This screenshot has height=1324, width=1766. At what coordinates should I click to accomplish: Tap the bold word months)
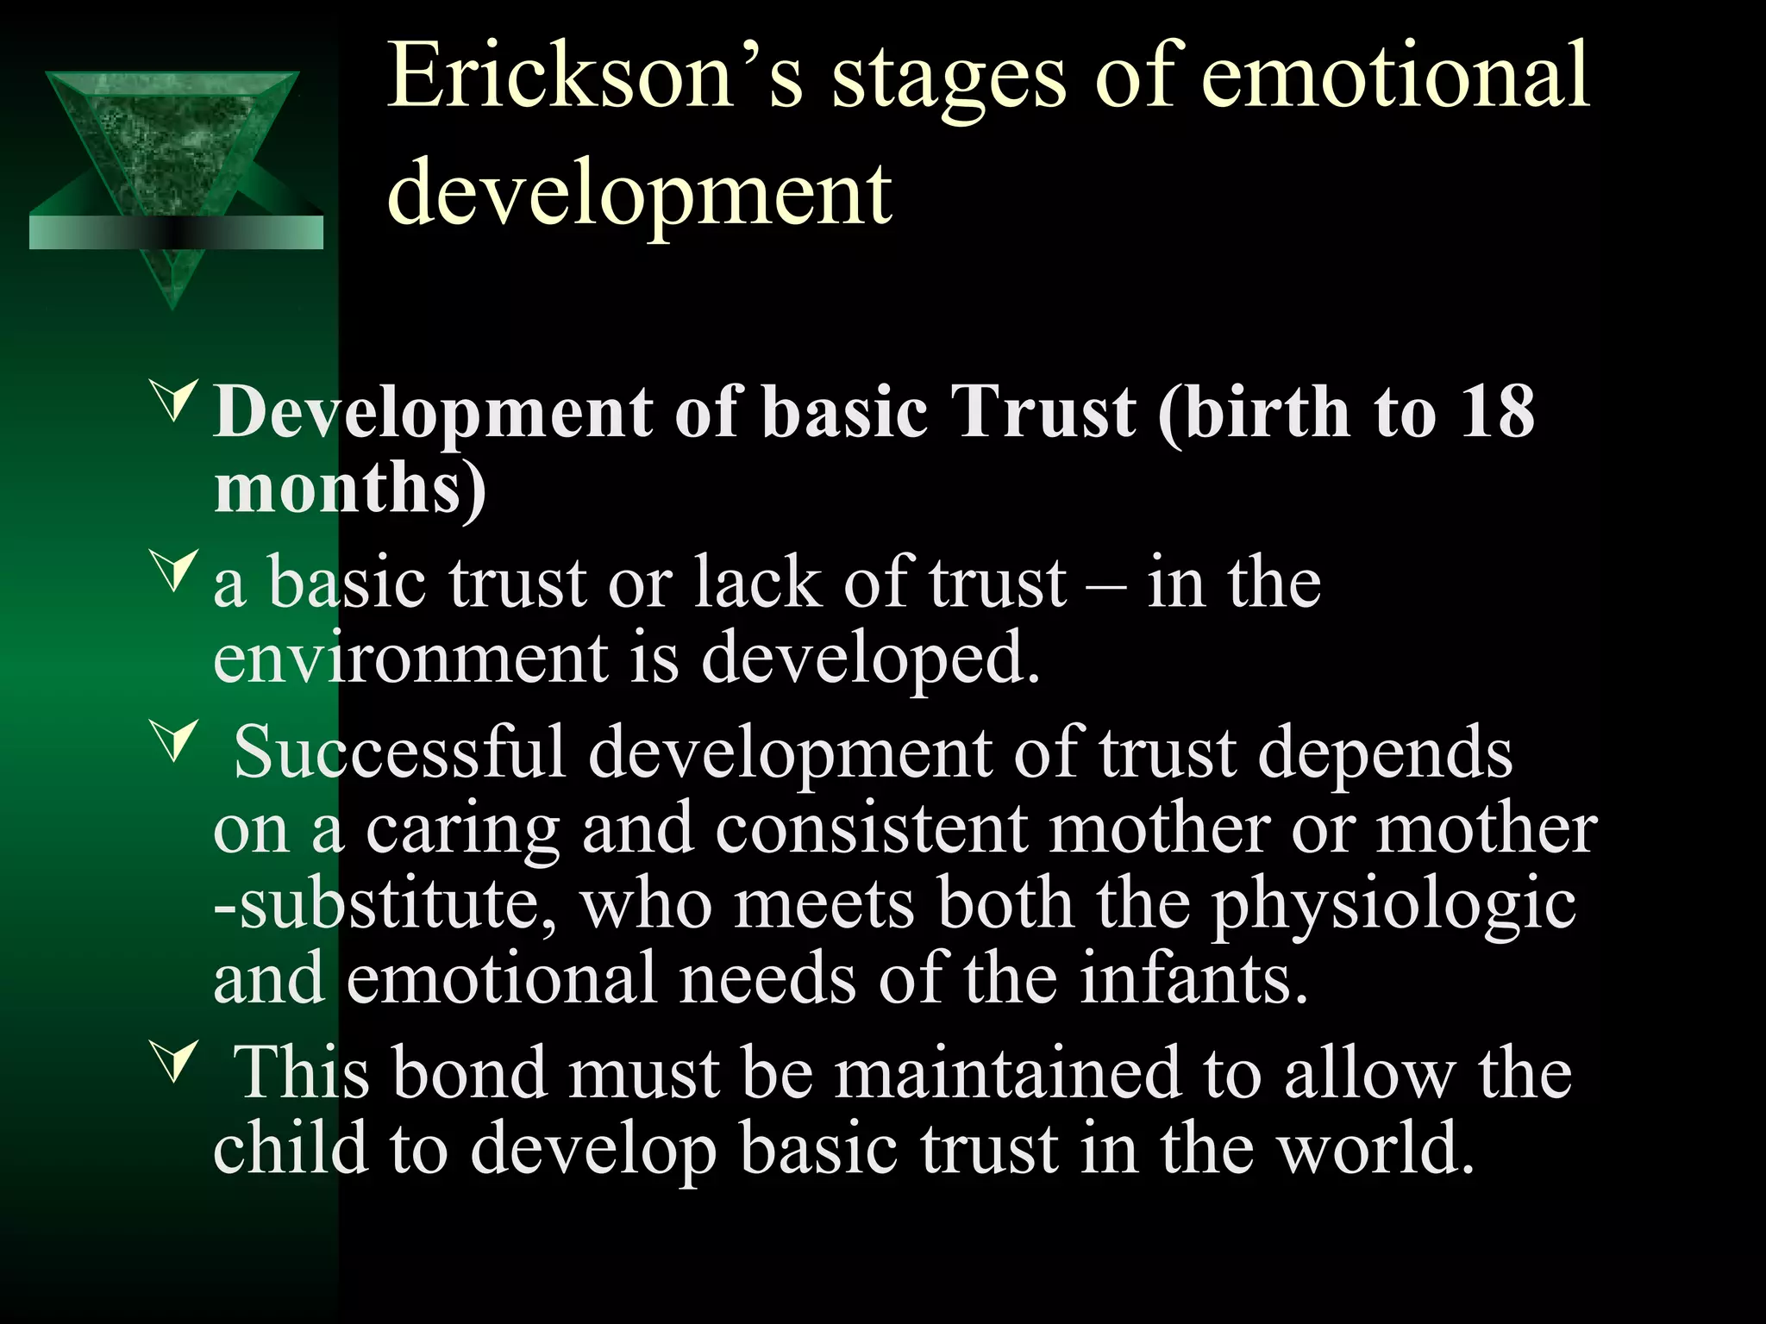tap(350, 488)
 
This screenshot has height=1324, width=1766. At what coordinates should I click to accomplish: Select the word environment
tap(410, 659)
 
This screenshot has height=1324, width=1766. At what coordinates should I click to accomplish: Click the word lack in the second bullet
tap(759, 583)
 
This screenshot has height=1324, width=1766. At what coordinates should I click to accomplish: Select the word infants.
tap(1194, 979)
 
